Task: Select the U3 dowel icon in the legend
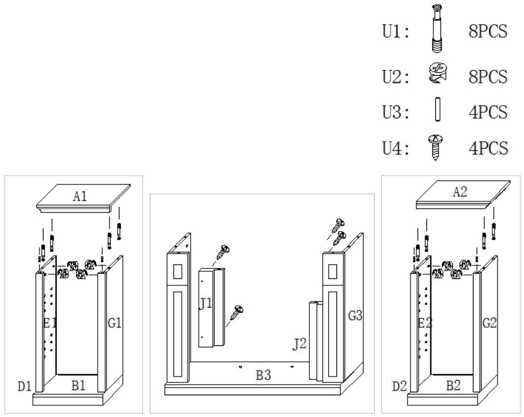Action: point(436,111)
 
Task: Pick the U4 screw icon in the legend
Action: point(436,145)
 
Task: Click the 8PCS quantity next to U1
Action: point(488,31)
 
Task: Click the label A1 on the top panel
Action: point(81,197)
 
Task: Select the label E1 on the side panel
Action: point(50,322)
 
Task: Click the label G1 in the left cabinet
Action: point(114,322)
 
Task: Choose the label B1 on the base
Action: point(79,386)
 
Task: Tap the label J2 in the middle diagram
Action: point(299,343)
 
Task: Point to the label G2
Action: point(490,322)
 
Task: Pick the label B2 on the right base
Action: point(453,386)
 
